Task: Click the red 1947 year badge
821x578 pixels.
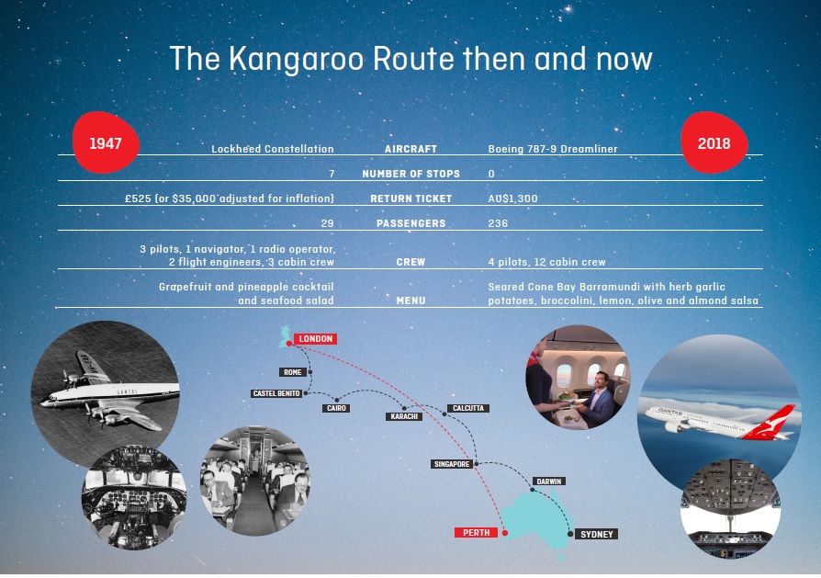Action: click(x=106, y=142)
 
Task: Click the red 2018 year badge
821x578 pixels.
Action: click(x=714, y=142)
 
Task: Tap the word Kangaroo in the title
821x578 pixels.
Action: click(x=297, y=59)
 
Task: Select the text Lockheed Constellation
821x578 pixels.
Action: click(x=272, y=149)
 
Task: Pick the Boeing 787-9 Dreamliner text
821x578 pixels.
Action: click(x=553, y=149)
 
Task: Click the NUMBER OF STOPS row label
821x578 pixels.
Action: click(x=411, y=174)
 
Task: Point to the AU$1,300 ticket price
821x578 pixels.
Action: click(x=512, y=198)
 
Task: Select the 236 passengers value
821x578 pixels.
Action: click(x=498, y=223)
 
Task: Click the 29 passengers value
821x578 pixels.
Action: click(x=327, y=223)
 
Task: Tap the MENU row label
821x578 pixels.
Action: click(x=411, y=300)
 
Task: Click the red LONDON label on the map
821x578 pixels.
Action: click(x=315, y=339)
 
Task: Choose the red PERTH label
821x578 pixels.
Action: click(x=476, y=532)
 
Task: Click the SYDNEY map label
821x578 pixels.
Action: click(x=597, y=534)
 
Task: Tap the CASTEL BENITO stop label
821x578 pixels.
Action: click(x=276, y=393)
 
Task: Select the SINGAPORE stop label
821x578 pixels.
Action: click(x=452, y=464)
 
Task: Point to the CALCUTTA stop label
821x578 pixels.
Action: click(x=468, y=408)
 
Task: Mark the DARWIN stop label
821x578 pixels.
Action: click(x=549, y=482)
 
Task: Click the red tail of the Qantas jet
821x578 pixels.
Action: click(x=774, y=423)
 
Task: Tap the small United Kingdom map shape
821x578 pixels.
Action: click(x=285, y=336)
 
